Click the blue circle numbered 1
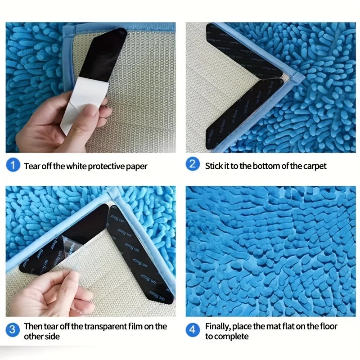[13, 166]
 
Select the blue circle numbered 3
[13, 331]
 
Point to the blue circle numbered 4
[193, 331]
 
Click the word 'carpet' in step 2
[314, 166]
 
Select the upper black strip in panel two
[243, 49]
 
